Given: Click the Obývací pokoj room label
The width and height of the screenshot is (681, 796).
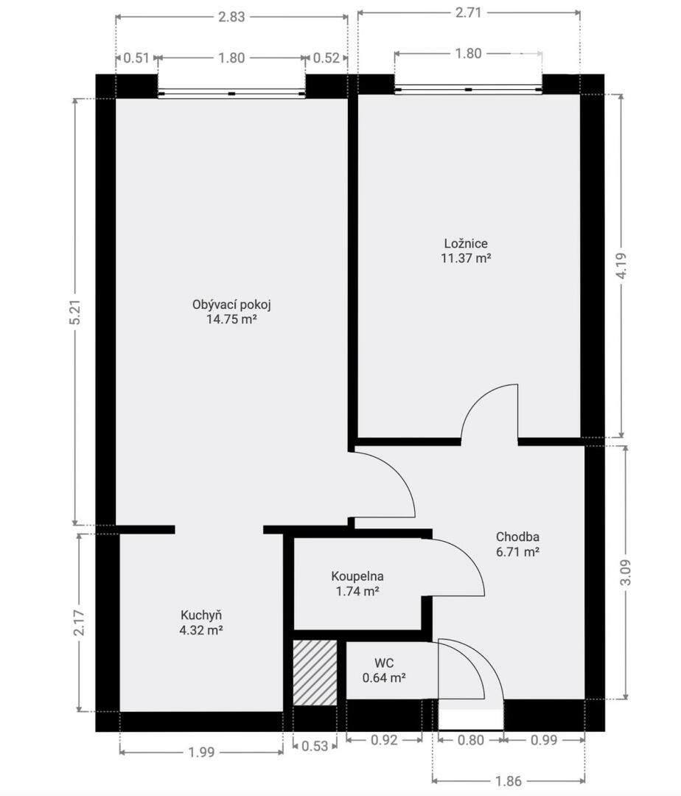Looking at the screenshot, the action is [231, 304].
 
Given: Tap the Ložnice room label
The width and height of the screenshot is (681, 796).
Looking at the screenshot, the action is [466, 243].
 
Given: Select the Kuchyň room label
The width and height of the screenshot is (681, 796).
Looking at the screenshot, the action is [201, 615].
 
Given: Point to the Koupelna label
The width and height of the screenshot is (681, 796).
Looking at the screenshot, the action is [357, 576].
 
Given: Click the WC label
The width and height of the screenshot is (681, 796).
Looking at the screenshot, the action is [384, 663].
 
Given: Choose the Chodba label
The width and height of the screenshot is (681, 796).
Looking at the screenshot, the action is [517, 537].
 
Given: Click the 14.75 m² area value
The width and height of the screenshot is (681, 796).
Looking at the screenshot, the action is [231, 319].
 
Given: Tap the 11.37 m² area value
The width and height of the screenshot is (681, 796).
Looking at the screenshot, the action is [466, 258].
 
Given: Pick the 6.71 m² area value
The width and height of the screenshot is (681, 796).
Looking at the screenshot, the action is [517, 551].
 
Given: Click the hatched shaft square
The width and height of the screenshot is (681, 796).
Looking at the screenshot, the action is [315, 673].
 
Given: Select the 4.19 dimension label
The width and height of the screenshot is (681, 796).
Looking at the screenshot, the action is [621, 265].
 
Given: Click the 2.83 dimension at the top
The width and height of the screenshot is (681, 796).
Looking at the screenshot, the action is [231, 17].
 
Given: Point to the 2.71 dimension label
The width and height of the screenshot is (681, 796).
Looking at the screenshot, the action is [468, 13].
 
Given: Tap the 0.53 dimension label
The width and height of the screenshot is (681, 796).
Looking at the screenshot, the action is [315, 746].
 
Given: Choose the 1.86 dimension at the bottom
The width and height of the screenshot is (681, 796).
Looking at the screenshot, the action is [509, 781].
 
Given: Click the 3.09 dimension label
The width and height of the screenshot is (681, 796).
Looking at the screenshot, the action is [626, 572].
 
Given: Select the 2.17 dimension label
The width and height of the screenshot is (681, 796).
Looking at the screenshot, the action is [79, 622].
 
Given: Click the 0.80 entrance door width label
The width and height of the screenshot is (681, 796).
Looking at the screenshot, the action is [471, 740].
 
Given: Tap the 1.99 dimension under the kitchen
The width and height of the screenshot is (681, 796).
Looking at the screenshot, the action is [201, 752].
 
